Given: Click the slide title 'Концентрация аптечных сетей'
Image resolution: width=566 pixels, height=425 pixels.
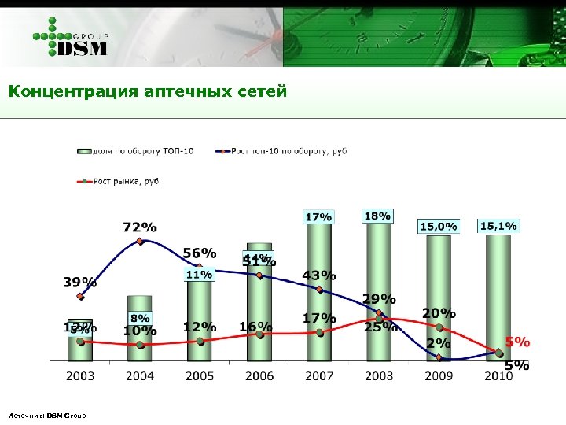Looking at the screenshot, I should [149, 92].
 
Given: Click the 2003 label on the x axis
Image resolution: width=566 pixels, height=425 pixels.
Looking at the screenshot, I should [80, 375].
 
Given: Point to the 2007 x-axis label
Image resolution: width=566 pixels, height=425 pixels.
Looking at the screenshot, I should [319, 375].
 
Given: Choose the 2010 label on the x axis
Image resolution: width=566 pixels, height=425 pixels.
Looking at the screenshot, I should [498, 375].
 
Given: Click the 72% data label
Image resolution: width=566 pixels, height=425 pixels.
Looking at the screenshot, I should [139, 227].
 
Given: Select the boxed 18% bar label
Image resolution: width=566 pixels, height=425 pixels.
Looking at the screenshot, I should [378, 216].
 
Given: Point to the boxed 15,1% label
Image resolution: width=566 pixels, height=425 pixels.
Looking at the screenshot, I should [498, 226].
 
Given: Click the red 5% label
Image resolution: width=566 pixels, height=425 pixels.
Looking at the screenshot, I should [517, 342].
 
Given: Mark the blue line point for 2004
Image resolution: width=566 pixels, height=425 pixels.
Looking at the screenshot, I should [140, 242].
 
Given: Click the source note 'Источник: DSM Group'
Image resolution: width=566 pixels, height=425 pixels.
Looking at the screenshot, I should [46, 415].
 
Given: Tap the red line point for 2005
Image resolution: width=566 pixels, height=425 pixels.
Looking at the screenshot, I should [200, 341].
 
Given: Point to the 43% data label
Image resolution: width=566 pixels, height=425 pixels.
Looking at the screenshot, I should [319, 275].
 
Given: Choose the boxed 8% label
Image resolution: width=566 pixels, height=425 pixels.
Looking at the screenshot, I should [140, 318].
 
